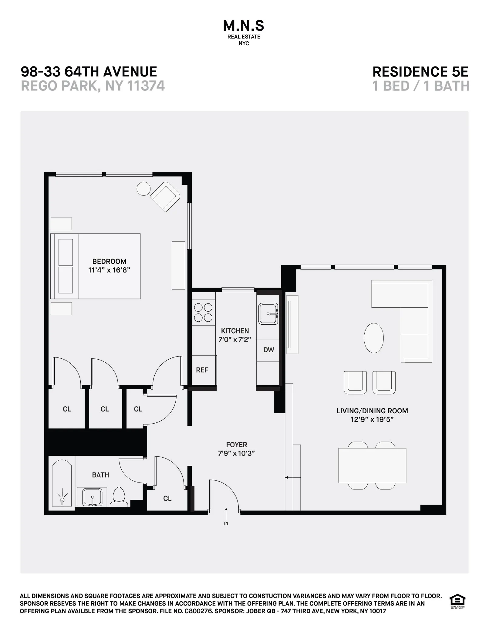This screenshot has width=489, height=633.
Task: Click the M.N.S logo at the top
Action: click(244, 26)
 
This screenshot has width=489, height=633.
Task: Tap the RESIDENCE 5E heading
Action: click(420, 72)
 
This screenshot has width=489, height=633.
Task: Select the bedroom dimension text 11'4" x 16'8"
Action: click(109, 270)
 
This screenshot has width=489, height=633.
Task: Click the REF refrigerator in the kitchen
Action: click(202, 370)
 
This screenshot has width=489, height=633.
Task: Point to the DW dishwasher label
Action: click(268, 350)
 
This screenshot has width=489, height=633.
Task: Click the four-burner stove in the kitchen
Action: click(203, 313)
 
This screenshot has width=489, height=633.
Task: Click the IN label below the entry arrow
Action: click(226, 523)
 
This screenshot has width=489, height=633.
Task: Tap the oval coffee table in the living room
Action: click(373, 338)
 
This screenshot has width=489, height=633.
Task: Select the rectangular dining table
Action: click(372, 465)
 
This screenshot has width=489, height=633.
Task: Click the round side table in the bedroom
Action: click(143, 189)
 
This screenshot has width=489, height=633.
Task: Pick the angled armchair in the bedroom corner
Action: click(165, 196)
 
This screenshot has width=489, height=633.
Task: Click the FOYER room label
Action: click(237, 445)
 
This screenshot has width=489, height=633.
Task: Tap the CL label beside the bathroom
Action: click(167, 498)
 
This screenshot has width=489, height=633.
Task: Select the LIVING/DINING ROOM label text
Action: click(372, 411)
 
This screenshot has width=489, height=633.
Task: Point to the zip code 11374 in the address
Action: click(146, 86)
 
